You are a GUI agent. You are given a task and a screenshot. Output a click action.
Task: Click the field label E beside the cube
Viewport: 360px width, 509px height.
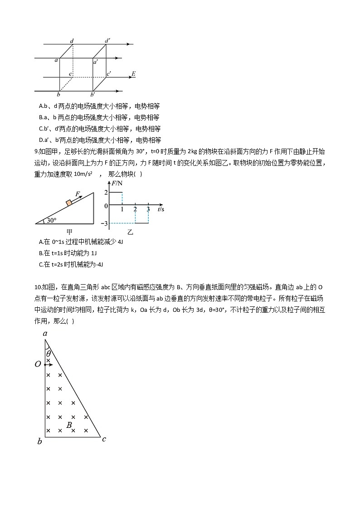click(133, 73)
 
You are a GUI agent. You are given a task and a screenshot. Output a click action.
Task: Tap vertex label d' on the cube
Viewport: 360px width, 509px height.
click(107, 41)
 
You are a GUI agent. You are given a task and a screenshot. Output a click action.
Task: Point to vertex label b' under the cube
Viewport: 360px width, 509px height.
click(92, 95)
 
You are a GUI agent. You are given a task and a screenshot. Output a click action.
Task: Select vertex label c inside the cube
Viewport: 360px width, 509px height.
click(70, 74)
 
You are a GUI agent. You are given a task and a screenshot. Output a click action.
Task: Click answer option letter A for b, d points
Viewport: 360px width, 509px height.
click(41, 106)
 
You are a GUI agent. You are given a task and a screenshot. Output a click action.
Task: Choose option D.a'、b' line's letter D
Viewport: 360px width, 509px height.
click(41, 140)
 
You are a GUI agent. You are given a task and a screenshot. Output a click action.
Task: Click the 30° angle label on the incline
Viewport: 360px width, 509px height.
click(51, 221)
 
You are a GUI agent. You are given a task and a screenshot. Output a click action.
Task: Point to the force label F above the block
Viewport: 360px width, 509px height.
click(78, 194)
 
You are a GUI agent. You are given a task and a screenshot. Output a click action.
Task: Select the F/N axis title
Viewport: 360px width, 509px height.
click(117, 183)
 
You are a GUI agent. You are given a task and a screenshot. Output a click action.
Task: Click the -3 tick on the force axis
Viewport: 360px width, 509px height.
click(104, 223)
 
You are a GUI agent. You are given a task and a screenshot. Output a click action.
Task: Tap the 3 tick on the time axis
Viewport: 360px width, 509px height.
click(148, 209)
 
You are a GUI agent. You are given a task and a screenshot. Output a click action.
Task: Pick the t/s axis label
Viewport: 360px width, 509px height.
click(161, 209)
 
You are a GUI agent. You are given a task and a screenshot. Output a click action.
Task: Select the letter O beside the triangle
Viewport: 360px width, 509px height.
click(38, 364)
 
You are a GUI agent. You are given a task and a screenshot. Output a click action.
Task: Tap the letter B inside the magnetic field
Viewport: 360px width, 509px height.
click(69, 425)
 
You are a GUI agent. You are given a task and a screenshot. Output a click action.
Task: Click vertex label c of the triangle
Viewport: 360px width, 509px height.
click(104, 439)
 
